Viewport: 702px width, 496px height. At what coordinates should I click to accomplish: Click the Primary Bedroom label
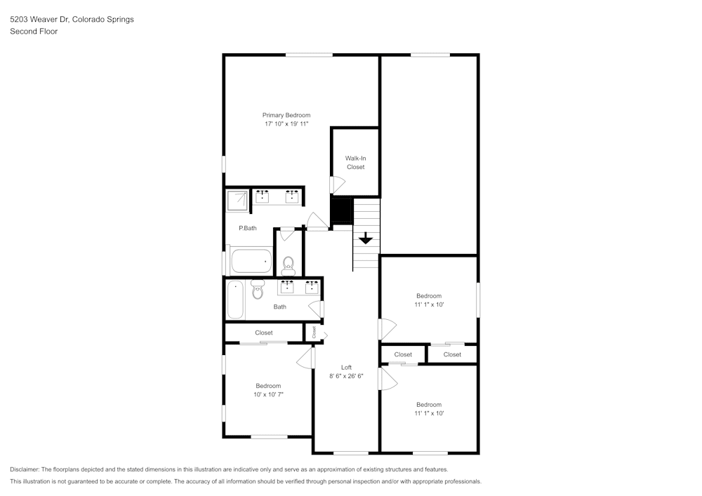point(286,115)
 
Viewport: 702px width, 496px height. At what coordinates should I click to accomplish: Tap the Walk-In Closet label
point(355,162)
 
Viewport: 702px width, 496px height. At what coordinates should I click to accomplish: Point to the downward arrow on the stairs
point(366,239)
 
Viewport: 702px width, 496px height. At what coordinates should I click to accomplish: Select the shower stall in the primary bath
point(237,201)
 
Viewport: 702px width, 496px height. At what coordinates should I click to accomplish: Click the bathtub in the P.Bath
point(251,261)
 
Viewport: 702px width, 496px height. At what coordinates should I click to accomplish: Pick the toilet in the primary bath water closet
point(289,266)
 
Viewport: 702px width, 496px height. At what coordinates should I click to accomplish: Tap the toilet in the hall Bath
point(258,289)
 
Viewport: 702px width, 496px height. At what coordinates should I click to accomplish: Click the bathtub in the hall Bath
point(235,299)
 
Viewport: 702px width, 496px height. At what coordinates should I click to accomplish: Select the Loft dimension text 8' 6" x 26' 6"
point(346,376)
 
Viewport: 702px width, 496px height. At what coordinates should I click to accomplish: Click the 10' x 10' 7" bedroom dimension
point(268,394)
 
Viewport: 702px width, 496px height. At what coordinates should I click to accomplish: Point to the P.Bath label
point(248,228)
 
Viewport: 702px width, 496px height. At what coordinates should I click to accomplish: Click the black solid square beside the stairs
point(342,210)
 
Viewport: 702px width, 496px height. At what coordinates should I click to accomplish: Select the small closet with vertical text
point(314,333)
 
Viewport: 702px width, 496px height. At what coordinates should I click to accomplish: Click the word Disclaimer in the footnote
point(24,469)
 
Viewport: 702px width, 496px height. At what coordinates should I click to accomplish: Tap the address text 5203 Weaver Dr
point(39,19)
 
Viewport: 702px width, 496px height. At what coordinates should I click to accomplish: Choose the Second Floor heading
point(34,32)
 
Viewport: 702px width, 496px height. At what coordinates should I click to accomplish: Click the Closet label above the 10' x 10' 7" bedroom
point(264,333)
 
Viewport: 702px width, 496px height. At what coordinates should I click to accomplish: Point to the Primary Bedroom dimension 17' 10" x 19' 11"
point(286,124)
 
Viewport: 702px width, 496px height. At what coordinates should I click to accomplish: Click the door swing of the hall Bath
point(316,309)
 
